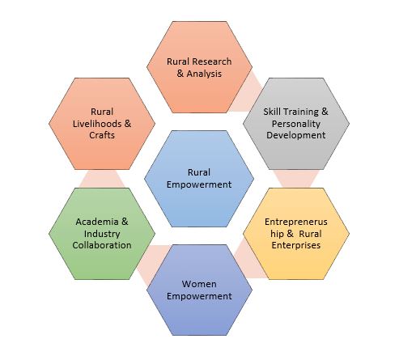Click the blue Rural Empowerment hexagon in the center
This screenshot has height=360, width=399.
point(199,179)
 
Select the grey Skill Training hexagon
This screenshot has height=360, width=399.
point(296,124)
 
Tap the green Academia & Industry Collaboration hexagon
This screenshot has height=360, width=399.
point(102,234)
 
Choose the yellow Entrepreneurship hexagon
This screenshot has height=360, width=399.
point(296,234)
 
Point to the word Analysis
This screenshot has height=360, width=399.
point(204,74)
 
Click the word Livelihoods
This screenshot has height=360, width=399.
point(97,124)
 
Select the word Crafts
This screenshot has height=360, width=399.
point(102,135)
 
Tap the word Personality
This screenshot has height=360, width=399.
point(296,124)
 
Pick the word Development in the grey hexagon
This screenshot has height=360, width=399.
point(296,135)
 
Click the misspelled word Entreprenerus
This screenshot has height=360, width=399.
point(296,222)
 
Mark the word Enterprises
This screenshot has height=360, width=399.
point(296,245)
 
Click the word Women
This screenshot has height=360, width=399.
point(199,284)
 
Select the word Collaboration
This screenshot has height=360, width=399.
point(102,245)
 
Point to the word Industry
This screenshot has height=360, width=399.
point(102,234)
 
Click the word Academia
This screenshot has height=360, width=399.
point(97,222)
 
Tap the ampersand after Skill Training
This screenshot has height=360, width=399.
point(325,112)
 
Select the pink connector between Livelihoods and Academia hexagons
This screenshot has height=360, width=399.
point(102,179)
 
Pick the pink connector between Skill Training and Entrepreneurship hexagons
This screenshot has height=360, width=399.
point(296,179)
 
